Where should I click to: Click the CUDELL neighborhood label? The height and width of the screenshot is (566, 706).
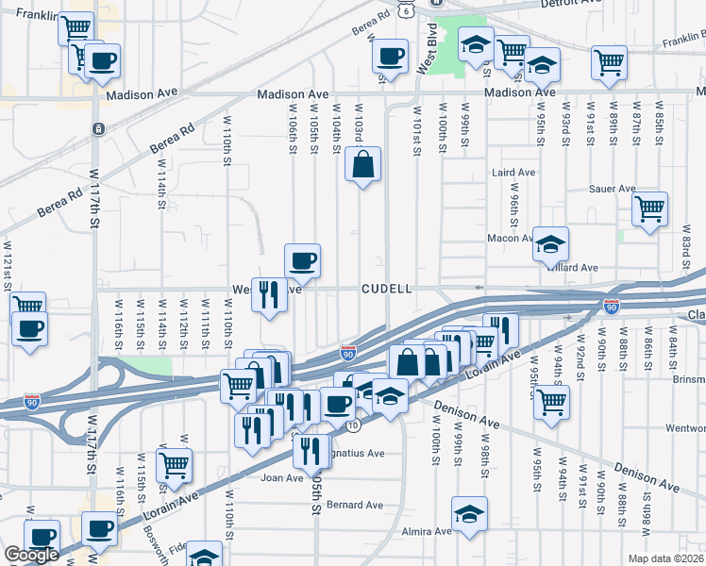pyautogui.click(x=387, y=289)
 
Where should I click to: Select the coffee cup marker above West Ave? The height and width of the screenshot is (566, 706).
pyautogui.click(x=302, y=261)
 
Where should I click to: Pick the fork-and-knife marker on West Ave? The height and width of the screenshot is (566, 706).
pyautogui.click(x=269, y=296)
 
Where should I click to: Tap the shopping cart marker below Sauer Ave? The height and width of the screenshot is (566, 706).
pyautogui.click(x=649, y=209)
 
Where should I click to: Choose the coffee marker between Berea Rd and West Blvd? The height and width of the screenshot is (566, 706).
pyautogui.click(x=390, y=57)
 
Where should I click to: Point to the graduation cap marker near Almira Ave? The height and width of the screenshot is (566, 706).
pyautogui.click(x=469, y=515)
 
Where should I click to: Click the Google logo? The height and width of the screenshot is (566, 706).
pyautogui.click(x=31, y=555)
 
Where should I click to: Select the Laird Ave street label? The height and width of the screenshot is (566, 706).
pyautogui.click(x=513, y=173)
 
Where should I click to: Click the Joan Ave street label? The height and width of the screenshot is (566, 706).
pyautogui.click(x=280, y=477)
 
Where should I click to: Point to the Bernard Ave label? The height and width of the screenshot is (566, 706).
pyautogui.click(x=355, y=505)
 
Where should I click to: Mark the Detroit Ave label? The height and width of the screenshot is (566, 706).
pyautogui.click(x=571, y=4)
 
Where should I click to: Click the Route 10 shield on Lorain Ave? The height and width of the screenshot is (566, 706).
pyautogui.click(x=352, y=425)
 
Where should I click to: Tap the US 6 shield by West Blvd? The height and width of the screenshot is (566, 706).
pyautogui.click(x=405, y=8)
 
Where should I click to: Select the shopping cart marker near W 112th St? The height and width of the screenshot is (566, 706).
pyautogui.click(x=174, y=465)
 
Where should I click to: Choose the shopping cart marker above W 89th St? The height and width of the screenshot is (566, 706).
pyautogui.click(x=609, y=63)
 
